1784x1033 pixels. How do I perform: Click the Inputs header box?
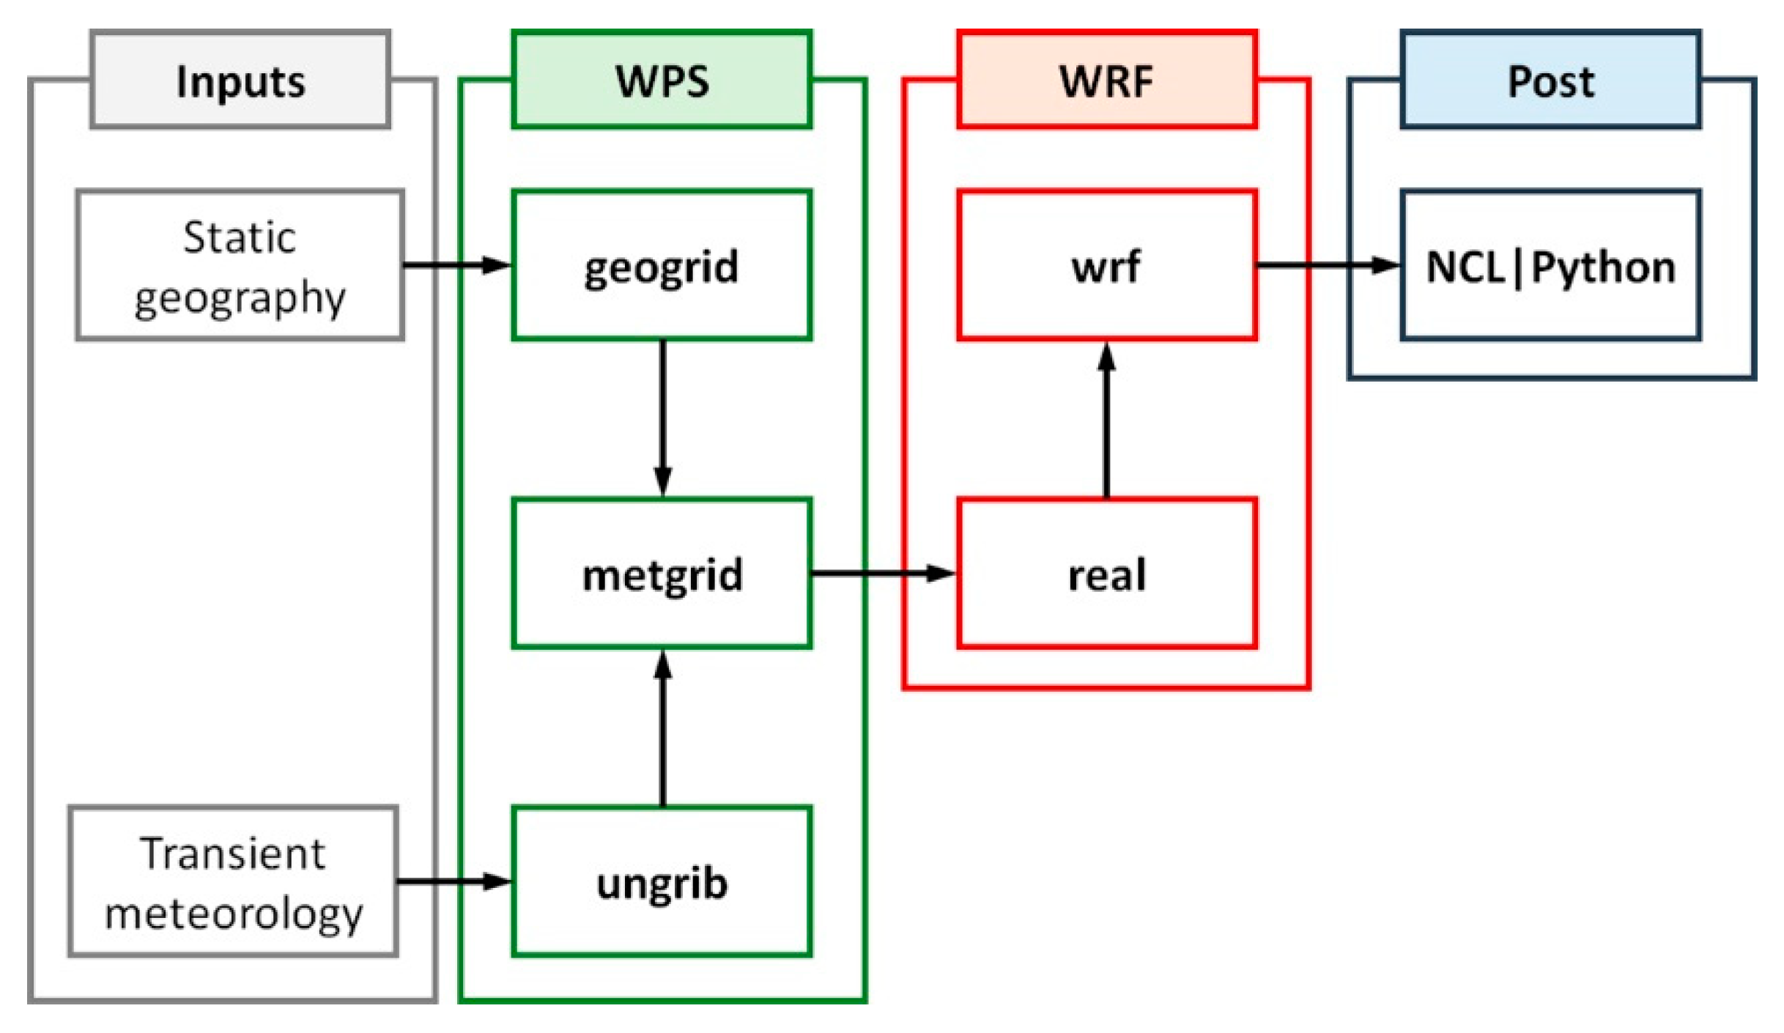(x=240, y=81)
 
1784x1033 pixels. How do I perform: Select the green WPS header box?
(x=662, y=81)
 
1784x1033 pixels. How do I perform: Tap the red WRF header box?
(x=1106, y=81)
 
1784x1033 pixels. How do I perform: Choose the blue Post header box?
(x=1550, y=81)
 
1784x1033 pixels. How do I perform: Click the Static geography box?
(x=240, y=265)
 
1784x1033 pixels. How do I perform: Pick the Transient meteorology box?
(x=233, y=881)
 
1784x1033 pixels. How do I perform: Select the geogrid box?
(x=662, y=265)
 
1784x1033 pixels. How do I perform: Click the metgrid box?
(x=662, y=574)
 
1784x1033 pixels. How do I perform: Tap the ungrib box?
(x=662, y=881)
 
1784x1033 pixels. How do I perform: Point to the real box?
(x=1106, y=574)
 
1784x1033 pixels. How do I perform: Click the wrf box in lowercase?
(x=1106, y=265)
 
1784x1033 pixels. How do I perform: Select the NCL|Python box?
(x=1550, y=265)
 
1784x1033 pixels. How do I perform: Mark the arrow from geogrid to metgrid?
(x=662, y=418)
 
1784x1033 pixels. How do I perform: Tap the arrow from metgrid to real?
(x=883, y=574)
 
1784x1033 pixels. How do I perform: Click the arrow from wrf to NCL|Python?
(x=1328, y=265)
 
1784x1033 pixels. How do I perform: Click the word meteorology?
(x=233, y=914)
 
